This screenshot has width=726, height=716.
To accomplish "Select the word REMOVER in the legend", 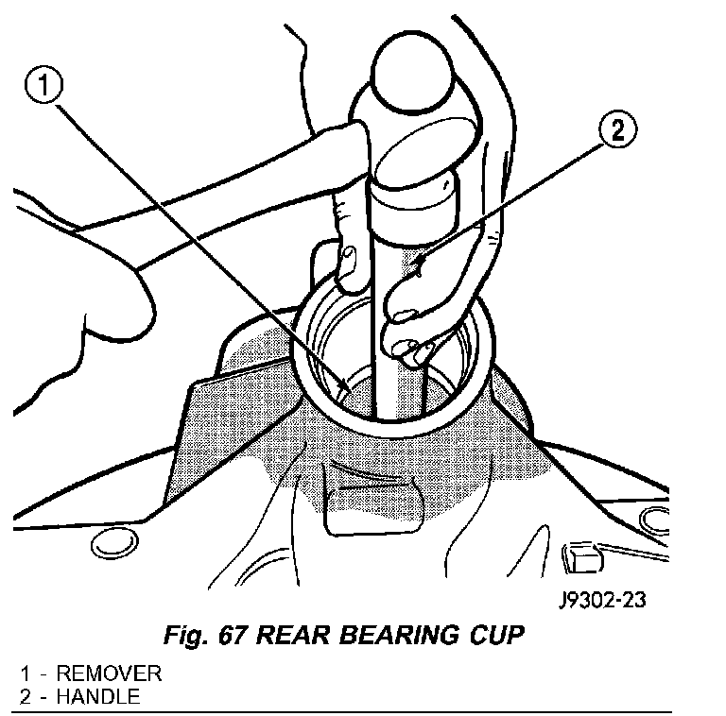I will [109, 674].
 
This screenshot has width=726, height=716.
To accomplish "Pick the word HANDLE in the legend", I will [98, 698].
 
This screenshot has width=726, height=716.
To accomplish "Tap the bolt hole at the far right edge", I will [652, 518].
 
